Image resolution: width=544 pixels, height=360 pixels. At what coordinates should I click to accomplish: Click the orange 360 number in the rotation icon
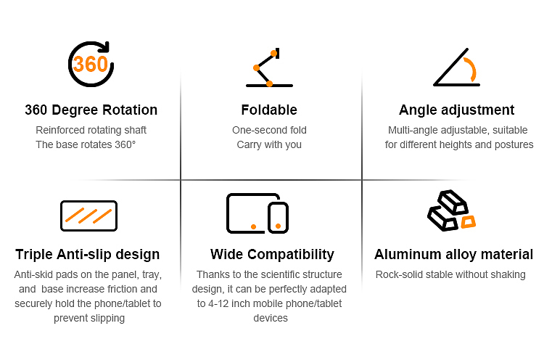(91, 64)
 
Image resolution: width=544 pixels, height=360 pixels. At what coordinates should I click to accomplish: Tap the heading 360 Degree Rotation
(91, 110)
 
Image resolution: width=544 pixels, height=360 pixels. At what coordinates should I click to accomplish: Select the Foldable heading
(269, 110)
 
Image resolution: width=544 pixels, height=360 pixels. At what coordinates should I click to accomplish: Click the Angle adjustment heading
(456, 110)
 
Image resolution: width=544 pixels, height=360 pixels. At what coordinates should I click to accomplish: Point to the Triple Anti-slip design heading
(88, 255)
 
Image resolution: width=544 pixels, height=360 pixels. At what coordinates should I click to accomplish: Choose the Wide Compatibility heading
(272, 255)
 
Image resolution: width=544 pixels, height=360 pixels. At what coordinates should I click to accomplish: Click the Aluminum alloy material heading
(454, 255)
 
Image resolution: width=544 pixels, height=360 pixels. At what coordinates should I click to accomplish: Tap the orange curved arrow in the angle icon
(472, 70)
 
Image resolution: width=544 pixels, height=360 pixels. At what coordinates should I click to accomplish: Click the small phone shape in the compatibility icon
(278, 218)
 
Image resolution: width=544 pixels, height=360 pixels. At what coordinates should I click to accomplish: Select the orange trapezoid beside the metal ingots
(468, 222)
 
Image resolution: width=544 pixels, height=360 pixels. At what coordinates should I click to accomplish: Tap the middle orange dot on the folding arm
(256, 67)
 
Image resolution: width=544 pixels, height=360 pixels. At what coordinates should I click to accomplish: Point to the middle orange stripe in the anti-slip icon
(88, 216)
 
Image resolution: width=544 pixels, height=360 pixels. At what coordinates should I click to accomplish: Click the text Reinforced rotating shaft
(91, 130)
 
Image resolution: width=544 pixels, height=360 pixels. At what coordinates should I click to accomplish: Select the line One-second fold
(269, 130)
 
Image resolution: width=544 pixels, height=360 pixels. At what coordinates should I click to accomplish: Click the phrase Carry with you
(269, 144)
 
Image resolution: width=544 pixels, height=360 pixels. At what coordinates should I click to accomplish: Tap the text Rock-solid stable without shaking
(450, 274)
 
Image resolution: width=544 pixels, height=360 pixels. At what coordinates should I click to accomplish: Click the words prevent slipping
(89, 319)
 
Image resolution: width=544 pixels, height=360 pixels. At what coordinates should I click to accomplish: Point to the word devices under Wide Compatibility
(271, 319)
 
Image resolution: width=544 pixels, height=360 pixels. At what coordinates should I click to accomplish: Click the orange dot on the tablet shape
(254, 226)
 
